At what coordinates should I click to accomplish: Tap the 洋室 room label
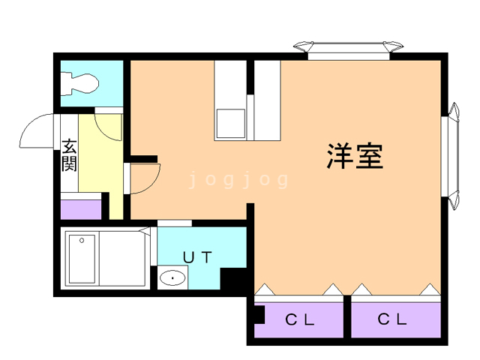[x=355, y=155]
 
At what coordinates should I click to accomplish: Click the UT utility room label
[x=198, y=256]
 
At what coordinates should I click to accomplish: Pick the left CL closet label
[x=298, y=319]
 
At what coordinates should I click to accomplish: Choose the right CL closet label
[x=391, y=319]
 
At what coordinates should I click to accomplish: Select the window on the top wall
[x=348, y=49]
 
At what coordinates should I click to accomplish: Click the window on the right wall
[x=455, y=155]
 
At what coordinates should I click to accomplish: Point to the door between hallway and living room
[x=142, y=178]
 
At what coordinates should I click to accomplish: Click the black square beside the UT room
[x=233, y=282]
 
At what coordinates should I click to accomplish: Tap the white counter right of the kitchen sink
[x=267, y=101]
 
